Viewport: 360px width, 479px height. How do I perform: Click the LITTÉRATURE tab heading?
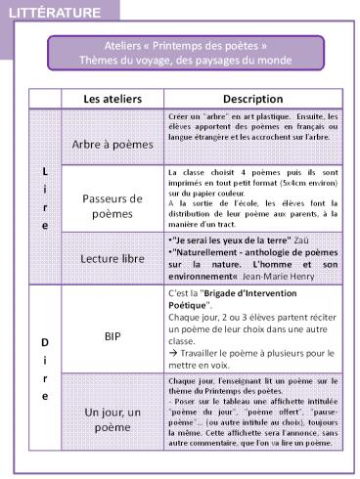pyautogui.click(x=53, y=13)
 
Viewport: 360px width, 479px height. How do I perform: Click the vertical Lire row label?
pyautogui.click(x=44, y=196)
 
